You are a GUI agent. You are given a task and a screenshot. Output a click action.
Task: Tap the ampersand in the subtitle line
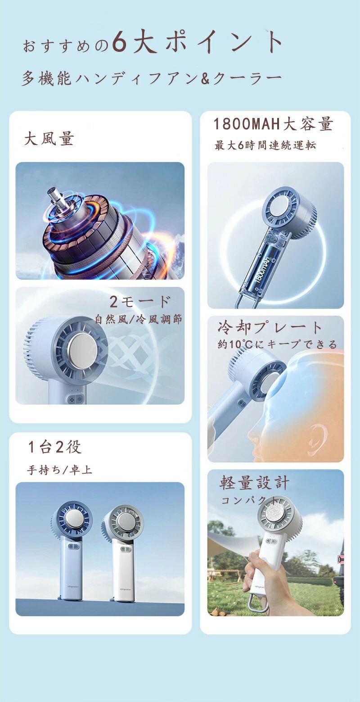pyautogui.click(x=205, y=79)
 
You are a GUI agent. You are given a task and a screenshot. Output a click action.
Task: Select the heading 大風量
pyautogui.click(x=49, y=139)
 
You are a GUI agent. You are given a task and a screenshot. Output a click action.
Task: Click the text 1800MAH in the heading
pyautogui.click(x=247, y=124)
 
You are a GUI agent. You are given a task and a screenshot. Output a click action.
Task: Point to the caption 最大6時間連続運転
pyautogui.click(x=265, y=145)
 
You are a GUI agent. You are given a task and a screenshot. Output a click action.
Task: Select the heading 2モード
pyautogui.click(x=140, y=302)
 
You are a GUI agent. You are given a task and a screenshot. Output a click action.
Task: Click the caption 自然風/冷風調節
pyautogui.click(x=138, y=319)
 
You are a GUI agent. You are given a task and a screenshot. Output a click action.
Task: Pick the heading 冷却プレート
pyautogui.click(x=270, y=327)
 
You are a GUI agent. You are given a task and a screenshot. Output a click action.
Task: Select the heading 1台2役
pyautogui.click(x=54, y=447)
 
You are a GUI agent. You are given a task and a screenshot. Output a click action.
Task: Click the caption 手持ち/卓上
pyautogui.click(x=59, y=470)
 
